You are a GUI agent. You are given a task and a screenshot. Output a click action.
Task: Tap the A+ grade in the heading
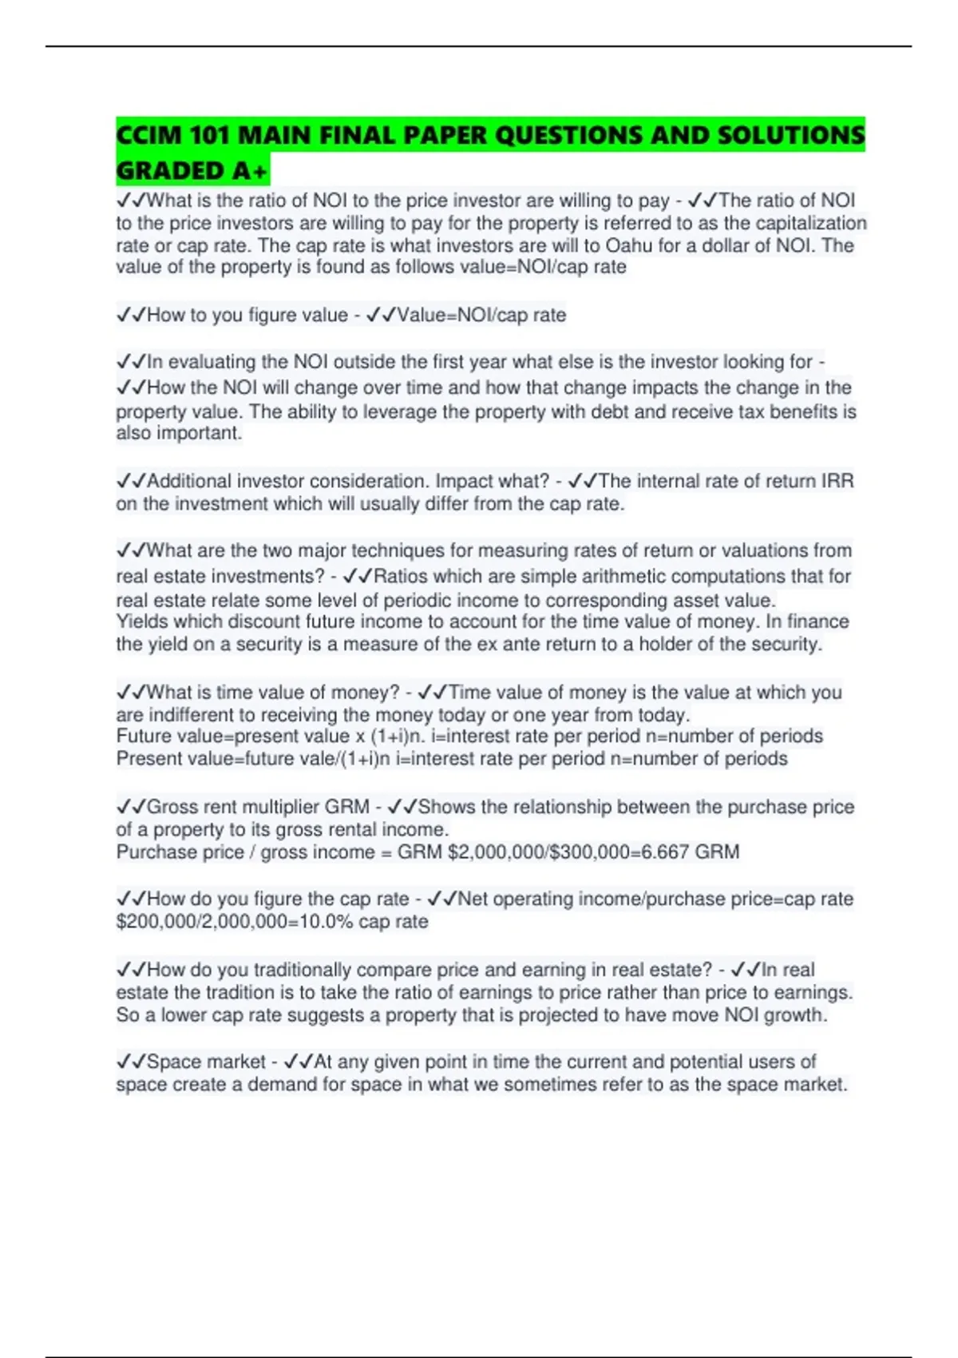tap(249, 171)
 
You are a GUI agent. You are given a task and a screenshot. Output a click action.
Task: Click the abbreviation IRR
tap(837, 481)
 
